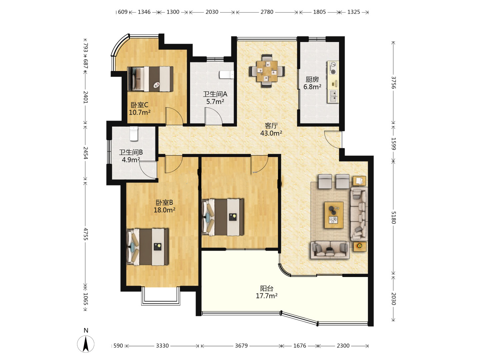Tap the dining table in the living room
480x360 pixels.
(267, 71)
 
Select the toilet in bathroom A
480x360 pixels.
(227, 74)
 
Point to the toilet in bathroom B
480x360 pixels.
(134, 134)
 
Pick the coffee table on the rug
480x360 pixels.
(334, 215)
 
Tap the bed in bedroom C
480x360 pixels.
(150, 79)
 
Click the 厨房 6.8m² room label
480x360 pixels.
(312, 83)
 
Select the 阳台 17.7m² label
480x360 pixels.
(267, 292)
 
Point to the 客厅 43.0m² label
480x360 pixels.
(271, 129)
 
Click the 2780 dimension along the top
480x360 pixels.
(267, 12)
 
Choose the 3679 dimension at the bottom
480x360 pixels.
(241, 346)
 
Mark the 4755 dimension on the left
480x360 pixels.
(86, 234)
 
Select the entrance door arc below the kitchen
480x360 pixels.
(333, 139)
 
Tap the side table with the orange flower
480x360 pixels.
(360, 246)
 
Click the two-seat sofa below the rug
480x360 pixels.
(330, 250)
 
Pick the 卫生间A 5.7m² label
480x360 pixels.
(215, 98)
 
